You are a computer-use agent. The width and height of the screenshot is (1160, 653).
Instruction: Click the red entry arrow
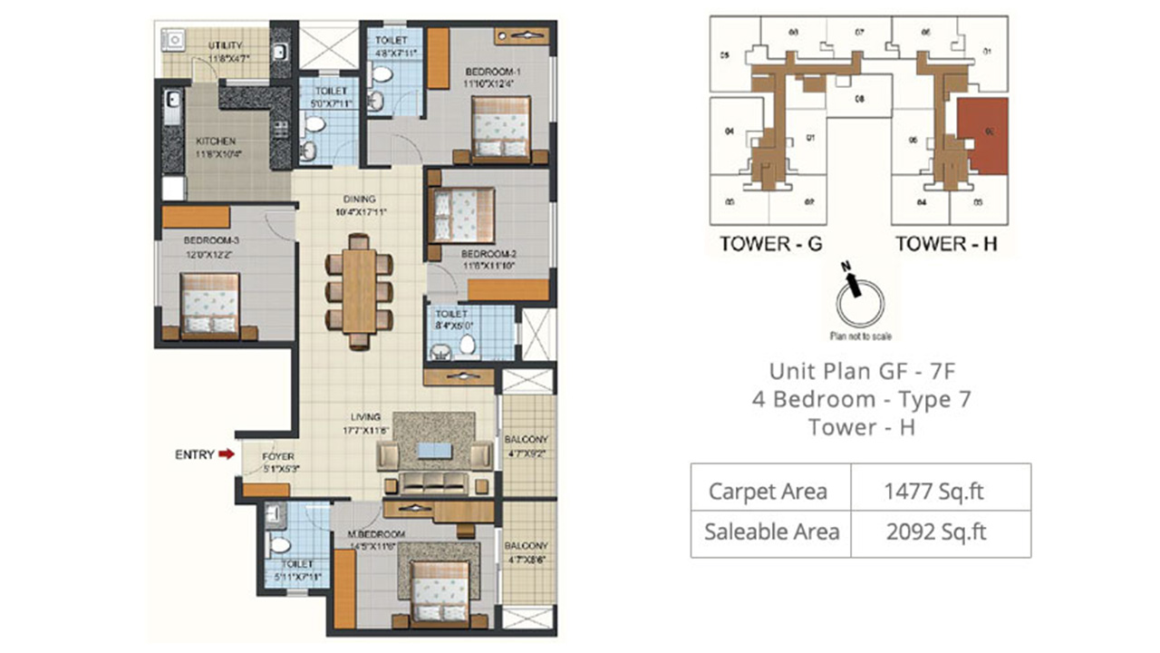tap(226, 454)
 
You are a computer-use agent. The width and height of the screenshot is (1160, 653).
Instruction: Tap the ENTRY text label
tap(194, 454)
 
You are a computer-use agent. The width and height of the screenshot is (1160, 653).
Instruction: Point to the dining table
tap(359, 290)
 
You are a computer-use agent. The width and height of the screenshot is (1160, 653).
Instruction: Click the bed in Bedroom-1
tap(499, 127)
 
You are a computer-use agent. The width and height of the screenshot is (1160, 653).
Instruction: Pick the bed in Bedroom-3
tap(210, 305)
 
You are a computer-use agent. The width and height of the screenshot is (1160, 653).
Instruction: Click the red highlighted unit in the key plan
tap(982, 136)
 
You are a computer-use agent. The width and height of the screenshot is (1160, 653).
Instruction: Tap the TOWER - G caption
tap(770, 243)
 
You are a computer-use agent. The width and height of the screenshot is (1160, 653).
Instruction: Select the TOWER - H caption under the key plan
tap(946, 243)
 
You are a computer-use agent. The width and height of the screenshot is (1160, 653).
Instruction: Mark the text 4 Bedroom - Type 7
tap(861, 399)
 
